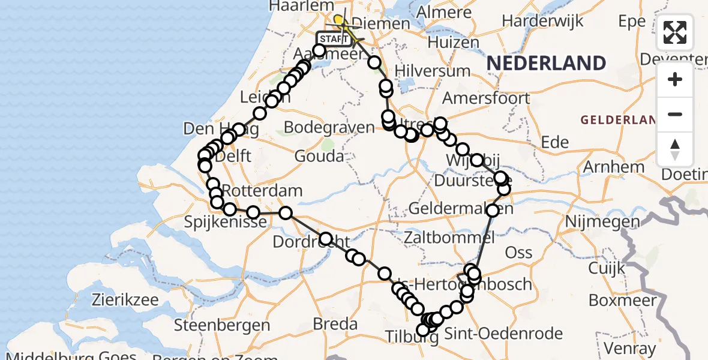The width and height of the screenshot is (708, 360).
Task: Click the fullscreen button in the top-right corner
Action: tap(675, 32)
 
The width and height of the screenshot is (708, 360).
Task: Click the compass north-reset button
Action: tap(675, 149)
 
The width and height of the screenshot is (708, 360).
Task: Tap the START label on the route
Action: tap(333, 40)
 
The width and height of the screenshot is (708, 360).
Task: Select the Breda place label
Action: tap(335, 325)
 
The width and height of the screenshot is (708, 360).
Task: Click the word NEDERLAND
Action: tap(546, 63)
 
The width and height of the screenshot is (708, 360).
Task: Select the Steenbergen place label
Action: tap(222, 326)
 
